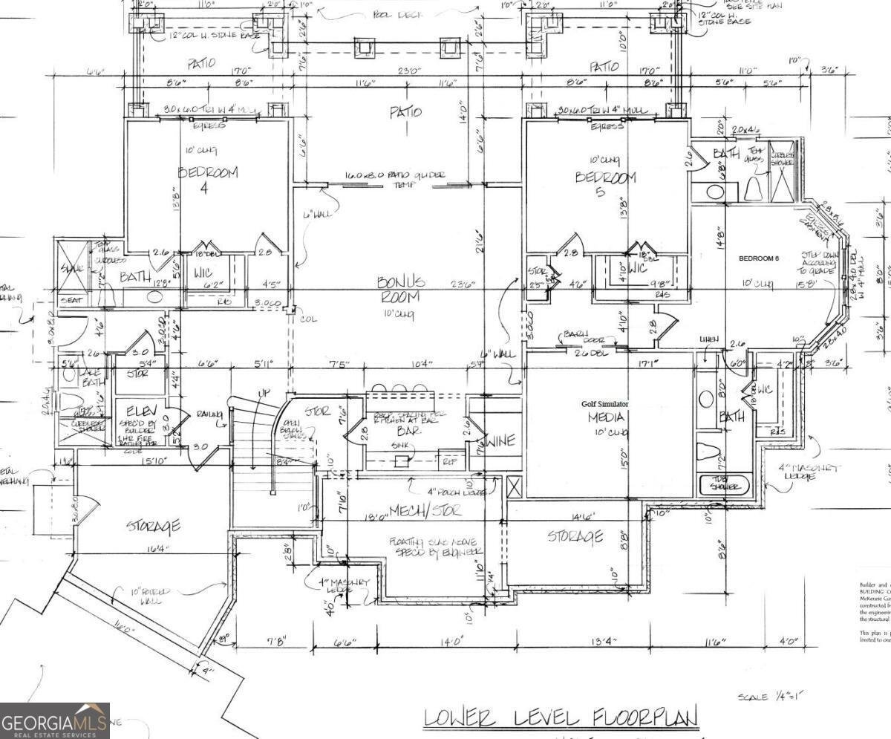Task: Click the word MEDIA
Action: click(607, 417)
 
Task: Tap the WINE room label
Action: click(500, 441)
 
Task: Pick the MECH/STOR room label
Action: click(435, 510)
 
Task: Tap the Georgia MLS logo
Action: click(55, 720)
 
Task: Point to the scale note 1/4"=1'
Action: click(771, 697)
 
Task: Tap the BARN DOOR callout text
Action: click(584, 334)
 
